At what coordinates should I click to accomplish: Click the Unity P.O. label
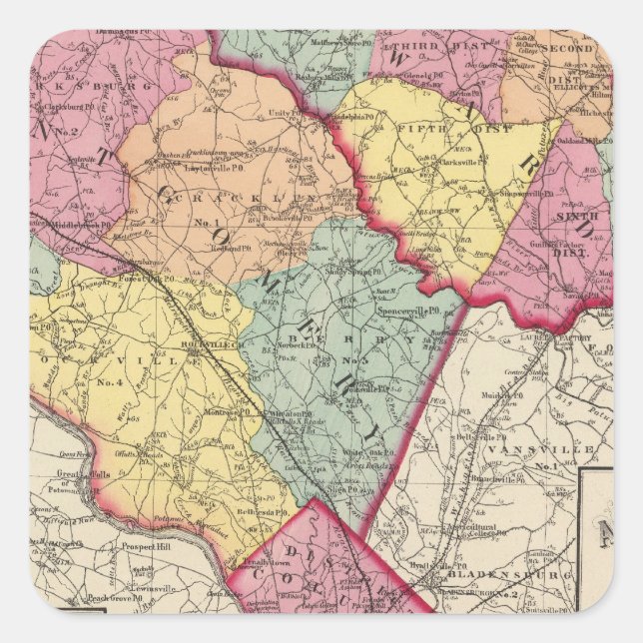click(284, 114)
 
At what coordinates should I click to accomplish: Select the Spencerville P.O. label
click(408, 311)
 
